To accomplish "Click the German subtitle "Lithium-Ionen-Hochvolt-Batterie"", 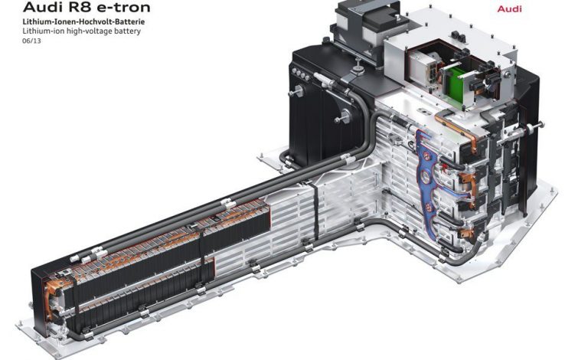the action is click(83, 21).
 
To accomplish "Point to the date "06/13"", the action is click(31, 41).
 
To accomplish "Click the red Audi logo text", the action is click(509, 8).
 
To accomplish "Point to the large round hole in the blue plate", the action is click(427, 177).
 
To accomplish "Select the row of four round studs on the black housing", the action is click(300, 74).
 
